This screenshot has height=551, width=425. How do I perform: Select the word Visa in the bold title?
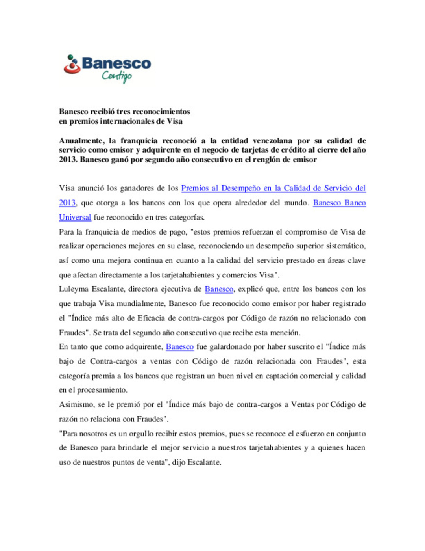[174, 121]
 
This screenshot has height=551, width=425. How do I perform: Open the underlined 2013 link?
[67, 203]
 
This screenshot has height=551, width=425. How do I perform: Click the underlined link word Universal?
[75, 217]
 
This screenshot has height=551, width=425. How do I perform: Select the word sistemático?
[346, 246]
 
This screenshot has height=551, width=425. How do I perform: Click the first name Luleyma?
[74, 289]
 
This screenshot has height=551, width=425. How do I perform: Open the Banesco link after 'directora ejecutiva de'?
[219, 289]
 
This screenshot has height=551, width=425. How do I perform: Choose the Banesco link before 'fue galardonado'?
[179, 347]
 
